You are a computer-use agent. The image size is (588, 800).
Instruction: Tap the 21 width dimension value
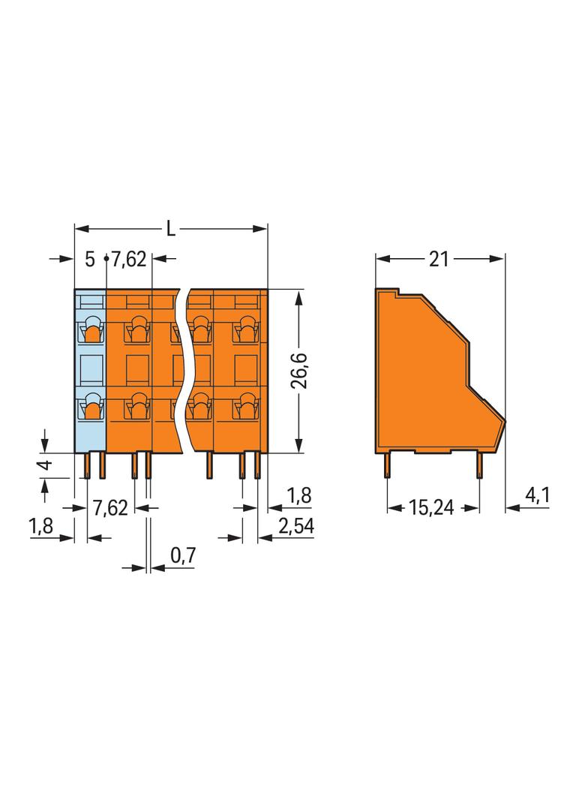[x=439, y=260]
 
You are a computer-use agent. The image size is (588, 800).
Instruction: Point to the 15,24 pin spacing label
[x=433, y=508]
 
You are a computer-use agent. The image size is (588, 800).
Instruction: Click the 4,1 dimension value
[x=538, y=496]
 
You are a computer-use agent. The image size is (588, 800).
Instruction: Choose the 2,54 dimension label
[x=295, y=527]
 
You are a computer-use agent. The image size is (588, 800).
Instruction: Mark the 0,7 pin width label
[x=182, y=556]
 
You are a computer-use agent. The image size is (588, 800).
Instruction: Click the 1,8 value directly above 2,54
[x=299, y=496]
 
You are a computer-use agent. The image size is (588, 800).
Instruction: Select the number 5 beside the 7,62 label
[x=90, y=260]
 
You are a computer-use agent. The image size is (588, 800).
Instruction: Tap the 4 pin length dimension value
[x=46, y=465]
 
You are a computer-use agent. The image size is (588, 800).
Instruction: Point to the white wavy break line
[x=182, y=371]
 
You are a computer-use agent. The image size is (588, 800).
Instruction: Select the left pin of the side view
[x=387, y=466]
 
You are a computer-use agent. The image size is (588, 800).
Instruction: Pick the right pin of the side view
[x=478, y=466]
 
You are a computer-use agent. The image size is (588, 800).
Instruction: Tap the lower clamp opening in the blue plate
[x=91, y=408]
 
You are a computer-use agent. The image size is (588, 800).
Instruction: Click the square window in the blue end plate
[x=91, y=368]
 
